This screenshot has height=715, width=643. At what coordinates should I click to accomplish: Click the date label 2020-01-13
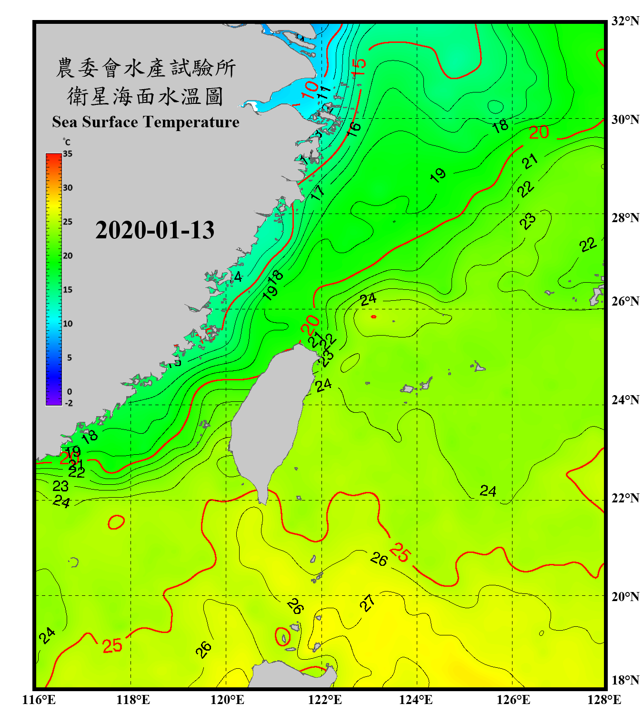pos(155,230)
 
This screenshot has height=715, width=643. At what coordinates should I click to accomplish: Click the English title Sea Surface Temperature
pos(146,122)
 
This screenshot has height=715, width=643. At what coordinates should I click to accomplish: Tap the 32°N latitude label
pos(625,21)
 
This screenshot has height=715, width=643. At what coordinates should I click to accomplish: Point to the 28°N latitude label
pos(625,218)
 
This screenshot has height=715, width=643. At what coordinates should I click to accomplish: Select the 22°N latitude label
pos(625,498)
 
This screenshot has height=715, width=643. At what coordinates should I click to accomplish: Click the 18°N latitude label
pos(625,680)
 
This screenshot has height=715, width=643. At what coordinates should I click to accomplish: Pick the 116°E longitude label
pos(39,700)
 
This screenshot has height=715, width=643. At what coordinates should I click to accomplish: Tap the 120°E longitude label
pos(227,700)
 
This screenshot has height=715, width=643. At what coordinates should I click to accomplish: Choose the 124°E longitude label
pos(416,700)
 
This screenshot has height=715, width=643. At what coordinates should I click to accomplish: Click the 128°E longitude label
pos(604,700)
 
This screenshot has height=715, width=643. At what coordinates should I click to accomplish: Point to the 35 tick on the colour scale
pos(68,154)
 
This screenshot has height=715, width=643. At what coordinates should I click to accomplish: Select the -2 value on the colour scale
pos(69,403)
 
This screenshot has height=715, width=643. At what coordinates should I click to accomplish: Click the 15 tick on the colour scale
pos(68,290)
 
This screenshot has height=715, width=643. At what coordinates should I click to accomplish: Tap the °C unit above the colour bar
pos(66,142)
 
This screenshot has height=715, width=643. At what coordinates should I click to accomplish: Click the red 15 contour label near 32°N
pos(360,67)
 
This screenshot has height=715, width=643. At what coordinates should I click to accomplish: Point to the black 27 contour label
pos(367,603)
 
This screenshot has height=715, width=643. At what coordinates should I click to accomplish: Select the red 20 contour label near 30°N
pos(539,133)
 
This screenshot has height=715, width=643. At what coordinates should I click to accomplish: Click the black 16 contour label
pos(353,129)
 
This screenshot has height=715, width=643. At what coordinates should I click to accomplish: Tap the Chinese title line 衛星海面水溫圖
pos(145,96)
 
